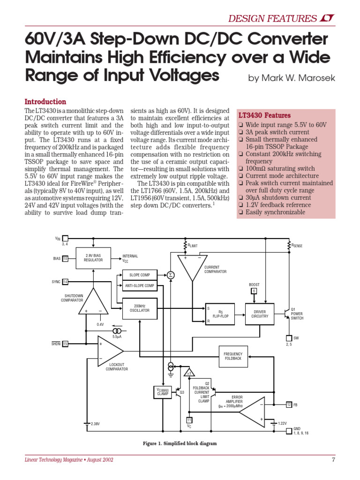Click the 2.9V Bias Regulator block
tap(93, 258)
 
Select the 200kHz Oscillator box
tap(139, 308)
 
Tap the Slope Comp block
tap(139, 275)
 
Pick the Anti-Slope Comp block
tap(139, 285)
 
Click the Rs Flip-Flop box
tap(220, 314)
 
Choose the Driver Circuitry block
tap(260, 314)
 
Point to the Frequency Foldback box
tap(233, 356)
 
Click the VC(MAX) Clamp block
tap(163, 391)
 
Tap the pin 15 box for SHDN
tap(65, 344)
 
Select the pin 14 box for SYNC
tap(65, 282)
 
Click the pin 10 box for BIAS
tap(65, 258)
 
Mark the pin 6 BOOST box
tap(254, 291)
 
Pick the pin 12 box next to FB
tap(289, 404)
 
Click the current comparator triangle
tap(192, 266)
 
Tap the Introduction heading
tap(45, 102)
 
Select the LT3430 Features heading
tap(264, 115)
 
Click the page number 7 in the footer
tap(333, 459)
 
